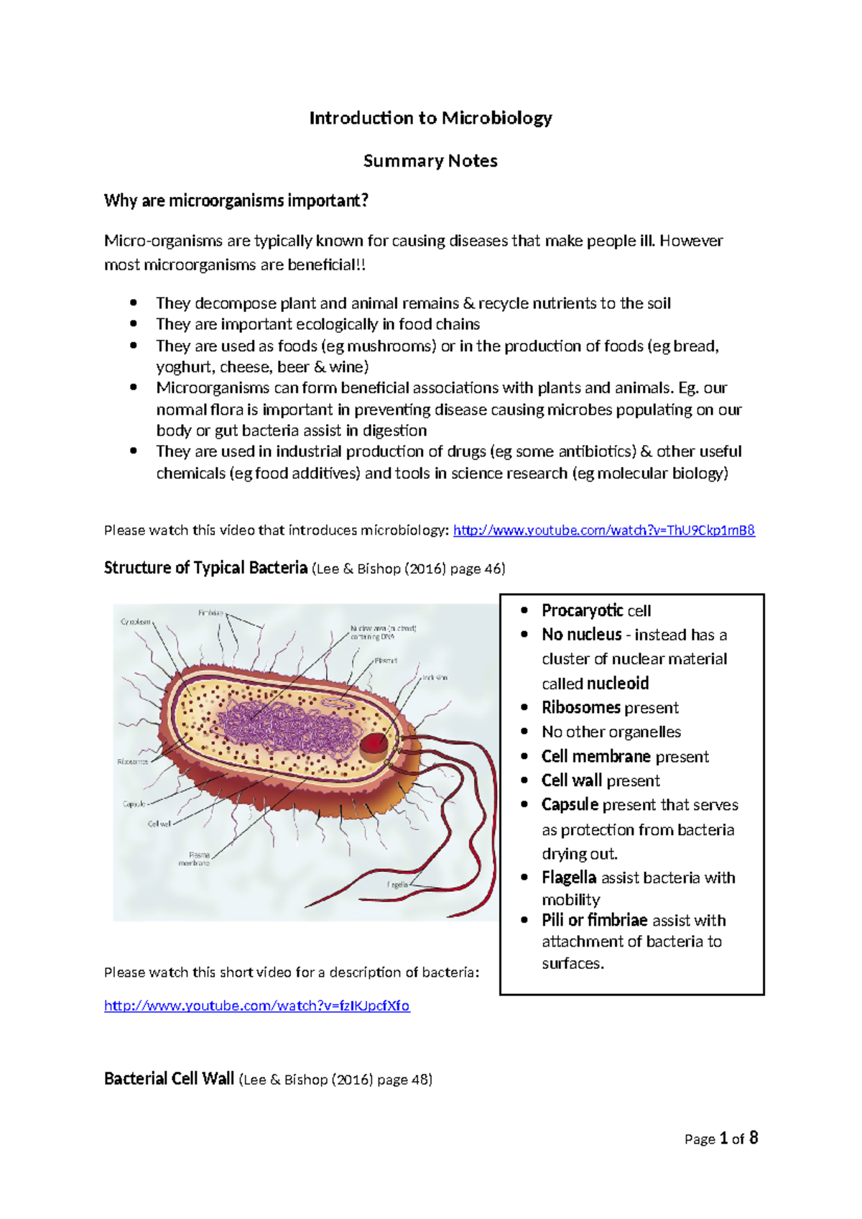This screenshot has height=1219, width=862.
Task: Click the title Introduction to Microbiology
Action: (430, 118)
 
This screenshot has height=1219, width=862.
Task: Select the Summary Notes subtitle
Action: (430, 161)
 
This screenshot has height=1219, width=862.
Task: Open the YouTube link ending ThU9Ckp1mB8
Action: (603, 530)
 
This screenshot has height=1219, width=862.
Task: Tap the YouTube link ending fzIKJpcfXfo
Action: (256, 1006)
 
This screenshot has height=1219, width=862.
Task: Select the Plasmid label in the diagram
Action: (385, 660)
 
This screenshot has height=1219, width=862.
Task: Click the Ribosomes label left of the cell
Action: (132, 761)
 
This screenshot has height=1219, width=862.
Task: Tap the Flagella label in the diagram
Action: (397, 884)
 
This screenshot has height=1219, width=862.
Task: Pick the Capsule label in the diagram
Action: (134, 804)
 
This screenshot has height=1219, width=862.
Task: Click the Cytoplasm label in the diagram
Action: (136, 622)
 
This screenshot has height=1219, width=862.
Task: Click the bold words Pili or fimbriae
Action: (595, 920)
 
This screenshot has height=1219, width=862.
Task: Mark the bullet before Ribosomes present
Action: (525, 707)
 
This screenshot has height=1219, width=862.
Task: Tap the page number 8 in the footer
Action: (753, 1138)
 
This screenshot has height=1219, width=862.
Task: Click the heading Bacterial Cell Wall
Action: (170, 1079)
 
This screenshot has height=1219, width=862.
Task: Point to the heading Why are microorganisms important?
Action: (236, 201)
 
